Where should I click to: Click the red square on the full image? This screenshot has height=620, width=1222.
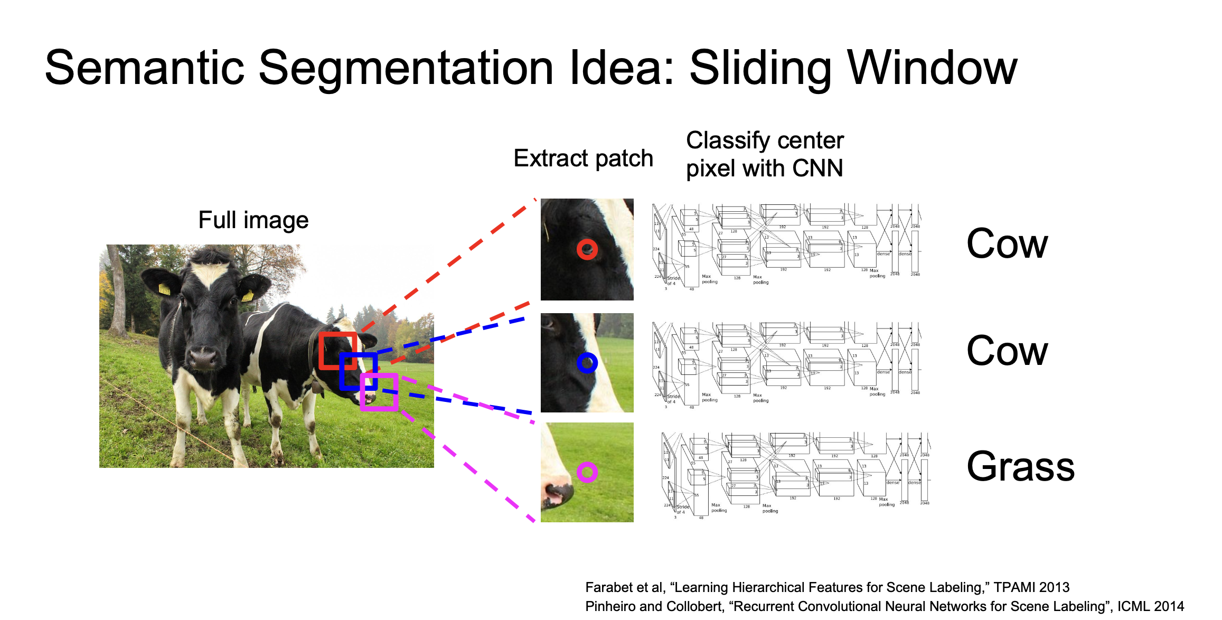click(x=337, y=350)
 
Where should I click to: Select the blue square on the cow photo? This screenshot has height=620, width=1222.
click(x=358, y=371)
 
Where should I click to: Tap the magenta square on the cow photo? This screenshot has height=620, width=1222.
click(x=379, y=392)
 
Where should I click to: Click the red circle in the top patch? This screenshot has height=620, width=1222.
click(x=587, y=249)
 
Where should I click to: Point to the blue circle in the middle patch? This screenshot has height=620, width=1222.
click(x=587, y=363)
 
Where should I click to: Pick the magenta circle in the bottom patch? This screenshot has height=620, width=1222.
click(x=587, y=472)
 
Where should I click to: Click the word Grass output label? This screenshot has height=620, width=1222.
click(x=1020, y=467)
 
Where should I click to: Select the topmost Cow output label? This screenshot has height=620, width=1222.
click(x=1007, y=244)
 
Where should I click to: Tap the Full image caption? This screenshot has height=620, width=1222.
click(x=253, y=220)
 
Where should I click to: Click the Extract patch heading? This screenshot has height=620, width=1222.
click(x=583, y=158)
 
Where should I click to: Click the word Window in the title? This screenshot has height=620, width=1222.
click(x=932, y=68)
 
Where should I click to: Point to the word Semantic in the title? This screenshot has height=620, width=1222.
click(x=144, y=68)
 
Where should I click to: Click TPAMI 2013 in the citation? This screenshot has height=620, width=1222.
click(x=1031, y=587)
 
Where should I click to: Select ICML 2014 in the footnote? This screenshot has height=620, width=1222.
click(x=1150, y=606)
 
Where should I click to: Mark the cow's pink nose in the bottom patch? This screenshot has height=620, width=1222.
click(x=556, y=495)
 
